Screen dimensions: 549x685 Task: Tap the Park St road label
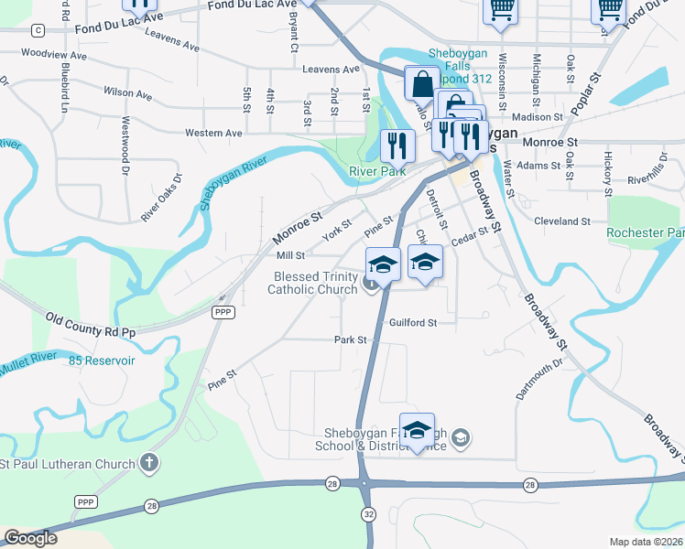pos(350,339)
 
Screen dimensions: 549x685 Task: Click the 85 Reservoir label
pos(102,361)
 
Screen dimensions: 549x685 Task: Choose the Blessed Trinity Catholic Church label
pos(311,283)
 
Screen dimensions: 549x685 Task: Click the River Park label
pos(376,171)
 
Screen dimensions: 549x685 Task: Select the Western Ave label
pos(213,133)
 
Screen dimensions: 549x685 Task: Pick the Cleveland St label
pos(562,221)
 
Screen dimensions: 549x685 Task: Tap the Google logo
pos(30,538)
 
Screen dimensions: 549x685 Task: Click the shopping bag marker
pos(421,84)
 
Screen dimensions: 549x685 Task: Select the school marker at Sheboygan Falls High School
pos(417,431)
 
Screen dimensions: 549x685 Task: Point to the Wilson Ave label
pos(128,92)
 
